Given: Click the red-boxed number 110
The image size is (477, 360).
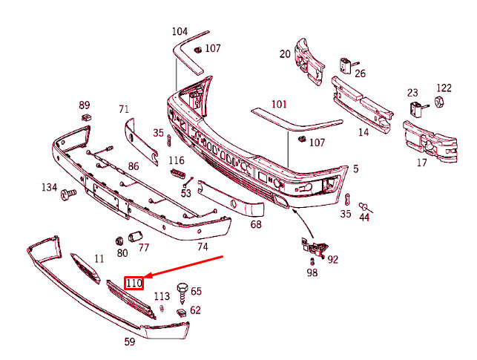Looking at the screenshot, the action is (x=134, y=282).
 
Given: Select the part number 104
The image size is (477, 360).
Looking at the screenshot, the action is (x=180, y=31).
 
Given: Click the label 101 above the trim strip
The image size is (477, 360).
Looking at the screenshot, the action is (x=278, y=104).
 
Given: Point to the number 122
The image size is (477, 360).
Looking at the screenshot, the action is (x=444, y=88).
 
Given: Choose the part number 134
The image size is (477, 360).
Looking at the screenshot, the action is (x=49, y=187).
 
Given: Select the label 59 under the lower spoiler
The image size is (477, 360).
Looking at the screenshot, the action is (x=129, y=342).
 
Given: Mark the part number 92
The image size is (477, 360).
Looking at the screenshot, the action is (x=332, y=260).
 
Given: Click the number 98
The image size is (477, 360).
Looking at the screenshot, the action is (x=312, y=274).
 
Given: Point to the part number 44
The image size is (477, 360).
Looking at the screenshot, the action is (x=364, y=217).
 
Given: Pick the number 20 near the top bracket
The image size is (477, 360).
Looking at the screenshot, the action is (x=286, y=53).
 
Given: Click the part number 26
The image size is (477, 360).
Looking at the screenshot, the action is (x=360, y=73).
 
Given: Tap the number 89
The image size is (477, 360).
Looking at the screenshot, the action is (x=84, y=105).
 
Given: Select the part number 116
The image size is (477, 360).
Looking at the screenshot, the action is (x=176, y=160).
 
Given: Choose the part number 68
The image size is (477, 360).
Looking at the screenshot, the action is (x=256, y=223).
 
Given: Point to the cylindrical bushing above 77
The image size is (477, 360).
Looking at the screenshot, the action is (x=136, y=236).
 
